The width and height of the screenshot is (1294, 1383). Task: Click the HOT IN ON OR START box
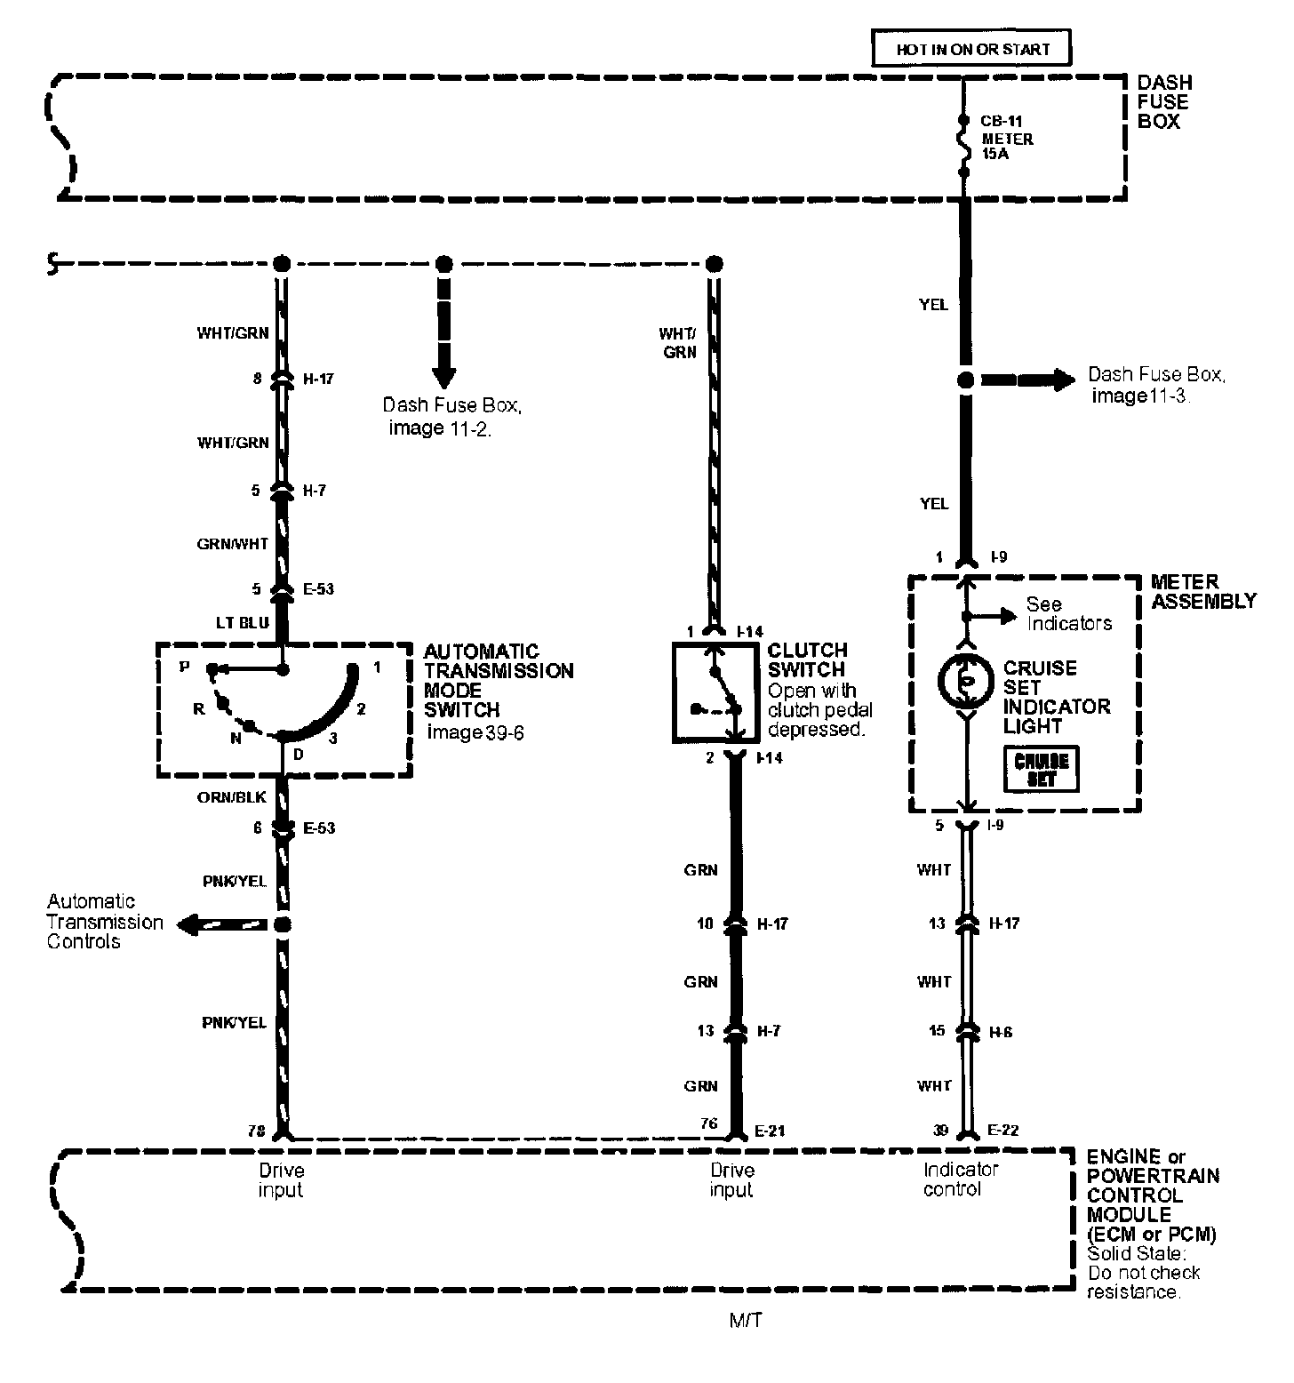(x=970, y=49)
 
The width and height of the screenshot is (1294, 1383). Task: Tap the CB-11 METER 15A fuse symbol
(x=963, y=142)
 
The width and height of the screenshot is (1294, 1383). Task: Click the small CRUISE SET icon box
(x=1041, y=769)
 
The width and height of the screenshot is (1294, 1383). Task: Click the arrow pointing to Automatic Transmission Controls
(x=222, y=925)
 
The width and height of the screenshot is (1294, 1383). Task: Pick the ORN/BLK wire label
(x=231, y=797)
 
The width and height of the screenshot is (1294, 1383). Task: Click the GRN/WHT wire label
(x=232, y=544)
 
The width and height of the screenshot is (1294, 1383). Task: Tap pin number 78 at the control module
(x=257, y=1131)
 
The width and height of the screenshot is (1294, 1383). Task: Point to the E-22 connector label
(x=1004, y=1131)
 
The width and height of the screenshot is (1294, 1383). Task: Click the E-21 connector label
(x=770, y=1131)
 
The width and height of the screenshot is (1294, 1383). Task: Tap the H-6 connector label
(x=1001, y=1032)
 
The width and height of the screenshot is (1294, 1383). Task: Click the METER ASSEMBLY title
(x=1203, y=591)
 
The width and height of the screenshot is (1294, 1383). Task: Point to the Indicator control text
(x=961, y=1179)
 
